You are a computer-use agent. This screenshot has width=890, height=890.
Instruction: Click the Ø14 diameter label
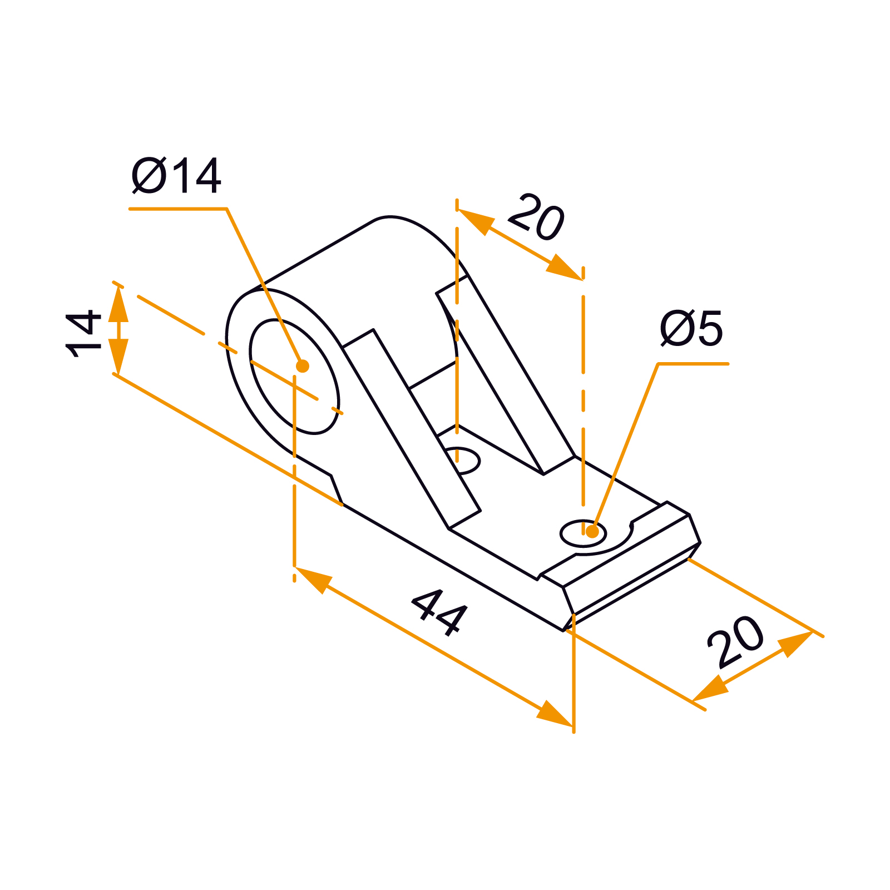[176, 176]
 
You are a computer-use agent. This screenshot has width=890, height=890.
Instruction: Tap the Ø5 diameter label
[691, 328]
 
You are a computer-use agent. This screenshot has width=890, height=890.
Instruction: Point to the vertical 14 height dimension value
[84, 334]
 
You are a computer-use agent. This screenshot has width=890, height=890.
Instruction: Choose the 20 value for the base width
[735, 641]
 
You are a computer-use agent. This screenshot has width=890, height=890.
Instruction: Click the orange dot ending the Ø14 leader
[303, 366]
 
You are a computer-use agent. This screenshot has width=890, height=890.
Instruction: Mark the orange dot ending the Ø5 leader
[592, 531]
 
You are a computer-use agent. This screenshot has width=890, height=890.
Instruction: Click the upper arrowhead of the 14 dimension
[118, 303]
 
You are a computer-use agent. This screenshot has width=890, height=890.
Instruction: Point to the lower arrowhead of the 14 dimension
[118, 357]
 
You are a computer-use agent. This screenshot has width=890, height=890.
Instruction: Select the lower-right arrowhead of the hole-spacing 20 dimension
[563, 268]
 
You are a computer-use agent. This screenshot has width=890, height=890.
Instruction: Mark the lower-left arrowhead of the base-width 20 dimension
[710, 688]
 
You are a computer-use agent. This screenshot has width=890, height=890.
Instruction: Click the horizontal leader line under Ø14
[178, 209]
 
